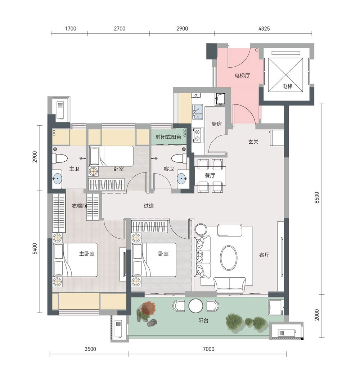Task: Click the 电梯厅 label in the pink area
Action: point(242,76)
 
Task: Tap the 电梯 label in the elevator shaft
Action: point(287,86)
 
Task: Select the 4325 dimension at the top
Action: point(264,29)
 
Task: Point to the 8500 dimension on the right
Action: point(317,198)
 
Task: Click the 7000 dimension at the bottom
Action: point(209,349)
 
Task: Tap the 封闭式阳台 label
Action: point(168,137)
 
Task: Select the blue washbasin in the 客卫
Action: point(182,179)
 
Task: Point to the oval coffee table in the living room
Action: point(229,258)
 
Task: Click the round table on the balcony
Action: point(196,306)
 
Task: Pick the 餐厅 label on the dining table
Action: point(210,175)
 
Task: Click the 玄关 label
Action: point(253,142)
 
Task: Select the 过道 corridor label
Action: point(149,206)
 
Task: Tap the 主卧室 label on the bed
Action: point(87,254)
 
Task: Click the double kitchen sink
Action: point(198,112)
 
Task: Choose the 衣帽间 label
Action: point(79,206)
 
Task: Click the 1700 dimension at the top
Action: point(71,29)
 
